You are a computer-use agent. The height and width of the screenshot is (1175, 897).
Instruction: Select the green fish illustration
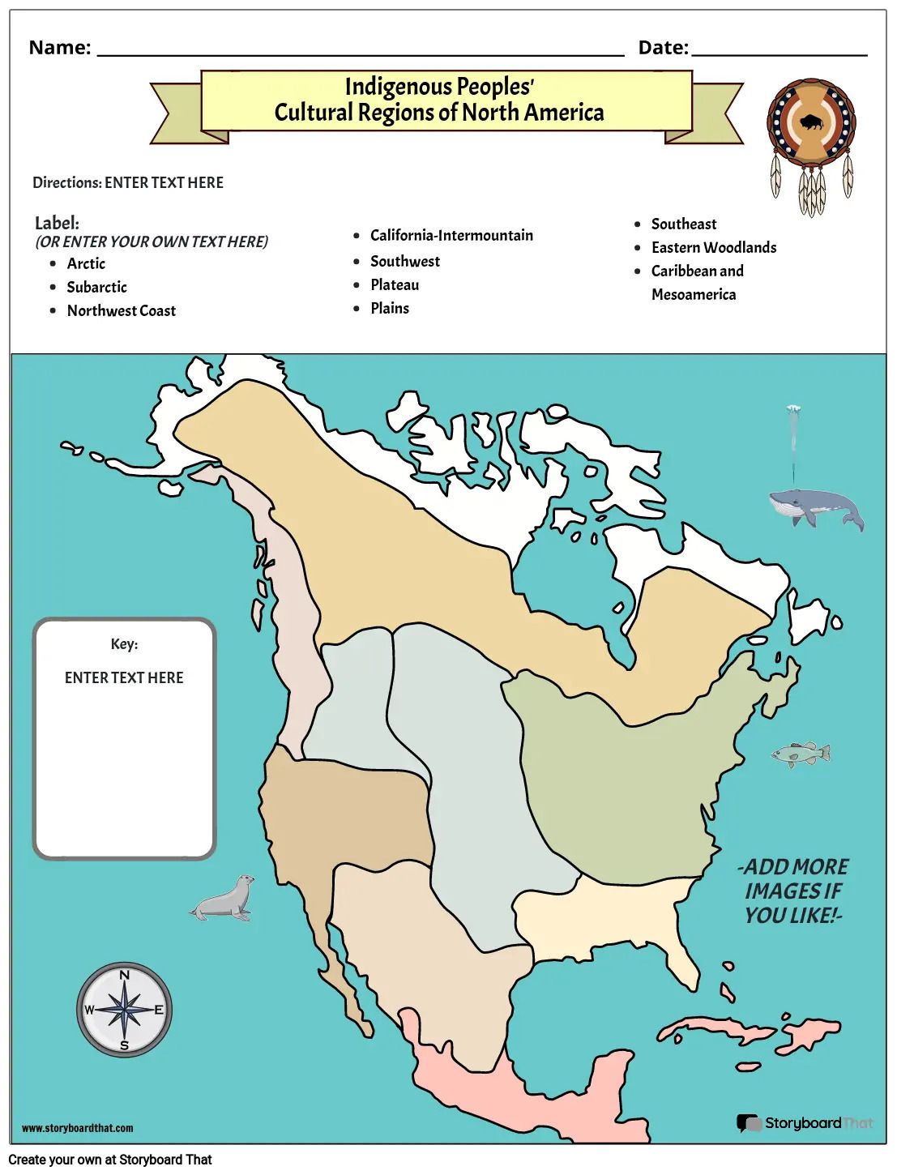[x=800, y=754]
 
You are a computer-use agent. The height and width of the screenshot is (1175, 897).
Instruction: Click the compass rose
[x=124, y=1010]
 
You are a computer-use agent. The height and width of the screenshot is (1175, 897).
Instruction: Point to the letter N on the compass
[x=124, y=975]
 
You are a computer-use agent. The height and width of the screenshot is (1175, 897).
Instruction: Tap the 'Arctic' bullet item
[x=86, y=263]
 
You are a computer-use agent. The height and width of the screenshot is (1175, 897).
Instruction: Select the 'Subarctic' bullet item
[x=96, y=287]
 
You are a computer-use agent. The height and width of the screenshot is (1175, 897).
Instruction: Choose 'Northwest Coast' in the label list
[x=121, y=310]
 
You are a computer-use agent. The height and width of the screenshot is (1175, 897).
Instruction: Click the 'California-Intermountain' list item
[x=451, y=235]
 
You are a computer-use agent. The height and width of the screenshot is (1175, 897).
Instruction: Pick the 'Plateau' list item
[x=395, y=284]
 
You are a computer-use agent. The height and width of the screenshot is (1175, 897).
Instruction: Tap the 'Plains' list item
[x=390, y=308]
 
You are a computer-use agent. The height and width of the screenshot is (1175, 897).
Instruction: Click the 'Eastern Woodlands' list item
[x=713, y=247]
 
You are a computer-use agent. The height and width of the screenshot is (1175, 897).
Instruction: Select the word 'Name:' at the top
[x=60, y=48]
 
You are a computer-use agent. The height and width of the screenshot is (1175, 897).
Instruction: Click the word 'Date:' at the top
[x=663, y=48]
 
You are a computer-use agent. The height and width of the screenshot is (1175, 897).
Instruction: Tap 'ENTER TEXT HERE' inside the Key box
[x=124, y=677]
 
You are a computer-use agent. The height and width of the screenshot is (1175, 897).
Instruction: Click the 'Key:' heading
[x=124, y=644]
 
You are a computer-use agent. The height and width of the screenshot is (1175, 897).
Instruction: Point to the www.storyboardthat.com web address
[x=78, y=1128]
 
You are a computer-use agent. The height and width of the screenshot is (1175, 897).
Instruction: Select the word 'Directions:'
[x=67, y=182]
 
